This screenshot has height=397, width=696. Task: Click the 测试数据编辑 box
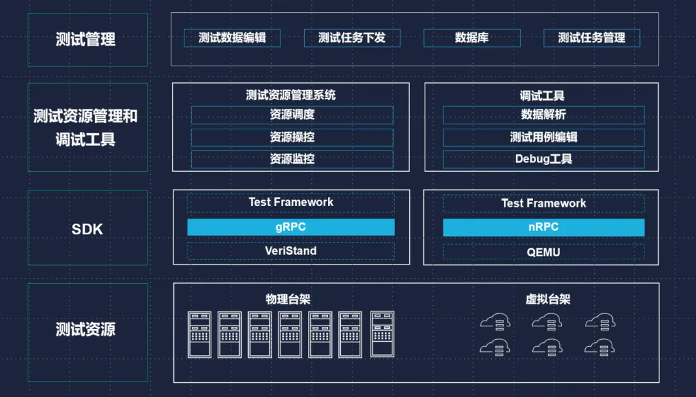[x=232, y=37]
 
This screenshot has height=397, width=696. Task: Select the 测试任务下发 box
[x=352, y=37]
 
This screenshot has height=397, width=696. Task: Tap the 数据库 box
[x=472, y=37]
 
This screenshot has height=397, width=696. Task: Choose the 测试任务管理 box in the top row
[x=592, y=37]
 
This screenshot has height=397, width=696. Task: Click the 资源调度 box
[x=292, y=115]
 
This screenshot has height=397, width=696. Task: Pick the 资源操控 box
[x=292, y=137]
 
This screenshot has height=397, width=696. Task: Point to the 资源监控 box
[x=292, y=159]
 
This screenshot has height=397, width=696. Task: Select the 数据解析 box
[x=543, y=115]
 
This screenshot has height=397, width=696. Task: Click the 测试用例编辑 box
[x=543, y=137]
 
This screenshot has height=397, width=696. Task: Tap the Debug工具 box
[x=543, y=159]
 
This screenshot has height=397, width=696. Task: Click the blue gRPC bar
[x=291, y=227]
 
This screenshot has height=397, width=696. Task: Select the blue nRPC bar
[x=543, y=227]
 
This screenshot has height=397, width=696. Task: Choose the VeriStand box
[x=291, y=251]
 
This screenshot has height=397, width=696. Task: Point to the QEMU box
[x=543, y=252]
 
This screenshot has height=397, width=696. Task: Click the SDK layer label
[x=87, y=229]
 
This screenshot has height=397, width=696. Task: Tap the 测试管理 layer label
[x=87, y=40]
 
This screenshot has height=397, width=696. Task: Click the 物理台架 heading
[x=288, y=299]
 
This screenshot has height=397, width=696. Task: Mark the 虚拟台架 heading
[x=548, y=299]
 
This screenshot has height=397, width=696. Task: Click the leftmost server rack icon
[x=200, y=335]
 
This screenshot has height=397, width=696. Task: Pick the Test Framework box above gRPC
[x=291, y=203]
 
